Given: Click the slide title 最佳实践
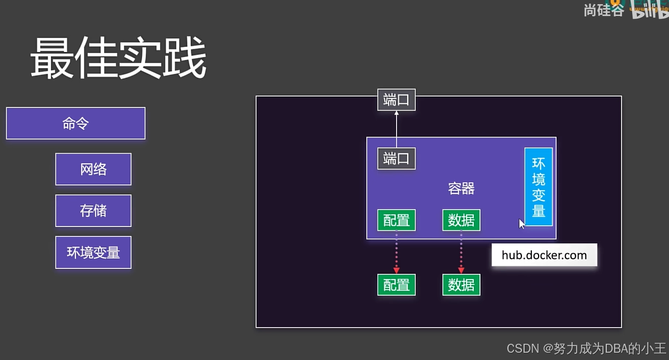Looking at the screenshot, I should pos(118,59).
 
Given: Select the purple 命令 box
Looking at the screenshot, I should pos(76,124).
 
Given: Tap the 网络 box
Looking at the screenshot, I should pos(93,169).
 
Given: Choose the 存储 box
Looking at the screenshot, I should pos(93,211).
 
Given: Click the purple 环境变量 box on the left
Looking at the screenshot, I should pos(93,253).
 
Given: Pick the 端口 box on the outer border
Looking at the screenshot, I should pos(396,100).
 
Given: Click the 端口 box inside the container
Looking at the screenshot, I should pos(396,159).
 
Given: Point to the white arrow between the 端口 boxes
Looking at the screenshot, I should pos(396,129).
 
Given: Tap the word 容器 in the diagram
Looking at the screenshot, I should pos(461,188).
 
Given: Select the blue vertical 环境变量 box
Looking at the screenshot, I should pos(539,187).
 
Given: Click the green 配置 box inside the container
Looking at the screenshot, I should pos(396,220).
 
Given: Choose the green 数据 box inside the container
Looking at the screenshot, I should pos(461,220).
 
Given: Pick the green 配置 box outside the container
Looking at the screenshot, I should pos(396,285).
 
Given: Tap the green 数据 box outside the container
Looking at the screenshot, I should pos(461,285).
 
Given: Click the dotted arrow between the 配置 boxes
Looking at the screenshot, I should pos(396,252).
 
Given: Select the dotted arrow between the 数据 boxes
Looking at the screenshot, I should pos(461,252).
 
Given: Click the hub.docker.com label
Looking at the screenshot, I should pos(544,255).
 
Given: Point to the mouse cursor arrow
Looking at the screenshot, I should pos(521,223).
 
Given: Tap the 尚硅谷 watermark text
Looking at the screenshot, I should pos(604,10).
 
